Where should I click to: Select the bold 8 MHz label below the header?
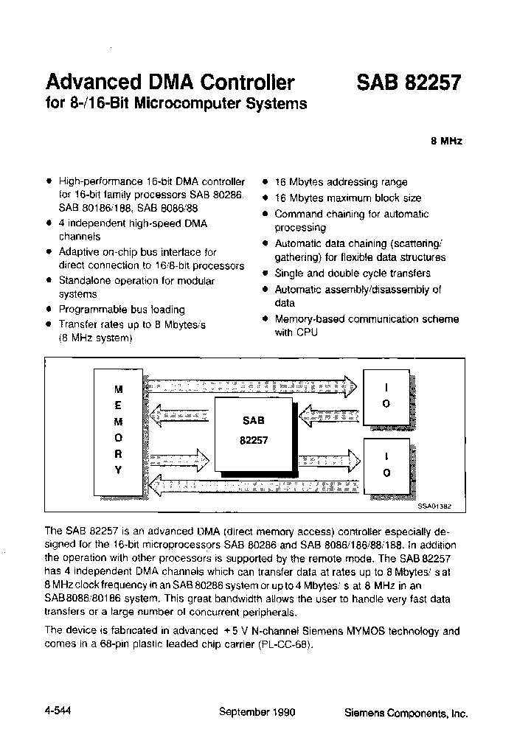click(x=446, y=142)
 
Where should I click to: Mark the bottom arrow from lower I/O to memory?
click(x=251, y=485)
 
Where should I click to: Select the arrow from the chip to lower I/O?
click(x=329, y=460)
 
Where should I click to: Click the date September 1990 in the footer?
click(x=257, y=713)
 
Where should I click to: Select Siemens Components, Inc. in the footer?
click(x=406, y=714)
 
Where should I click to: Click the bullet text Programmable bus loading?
click(x=122, y=310)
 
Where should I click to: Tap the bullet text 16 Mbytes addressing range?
click(x=341, y=182)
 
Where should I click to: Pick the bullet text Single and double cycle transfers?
click(x=353, y=273)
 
